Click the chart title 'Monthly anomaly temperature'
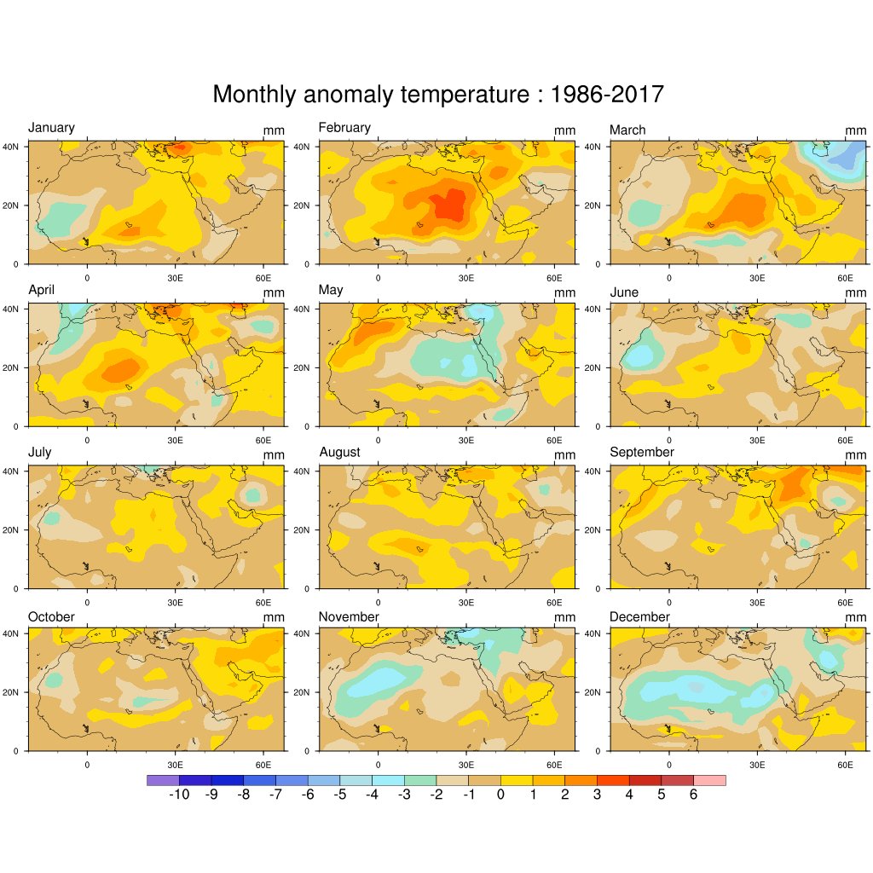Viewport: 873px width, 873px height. point(372,95)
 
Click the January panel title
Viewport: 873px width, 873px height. point(51,128)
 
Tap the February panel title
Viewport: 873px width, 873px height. point(344,128)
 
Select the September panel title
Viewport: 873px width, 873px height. point(642,452)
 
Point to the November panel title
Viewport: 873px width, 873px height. point(349,616)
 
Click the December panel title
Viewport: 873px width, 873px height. point(639,616)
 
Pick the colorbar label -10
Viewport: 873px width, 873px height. point(178,795)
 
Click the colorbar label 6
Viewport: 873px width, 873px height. point(693,795)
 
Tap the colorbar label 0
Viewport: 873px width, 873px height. point(500,795)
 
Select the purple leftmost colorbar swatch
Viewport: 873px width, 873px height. point(163,780)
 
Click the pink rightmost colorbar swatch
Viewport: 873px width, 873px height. point(709,780)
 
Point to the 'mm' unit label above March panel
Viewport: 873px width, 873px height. point(856,130)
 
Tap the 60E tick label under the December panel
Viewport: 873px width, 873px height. point(845,766)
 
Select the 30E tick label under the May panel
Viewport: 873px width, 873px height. point(466,440)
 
